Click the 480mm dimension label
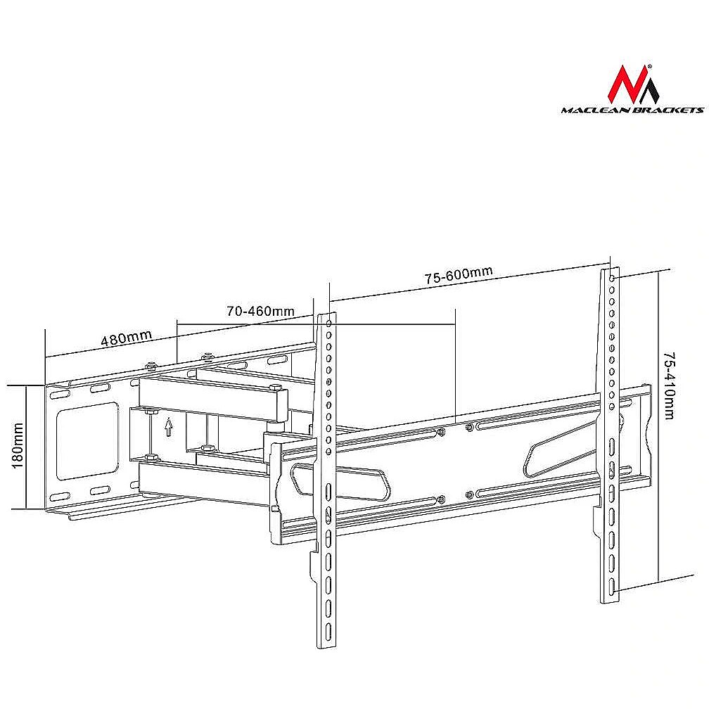(x=126, y=338)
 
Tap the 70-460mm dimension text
(x=260, y=311)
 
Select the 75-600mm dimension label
(x=459, y=276)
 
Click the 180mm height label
(x=18, y=445)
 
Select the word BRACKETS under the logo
(x=664, y=110)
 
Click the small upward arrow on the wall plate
(x=169, y=426)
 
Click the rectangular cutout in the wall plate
(x=87, y=441)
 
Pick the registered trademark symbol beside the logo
(x=649, y=66)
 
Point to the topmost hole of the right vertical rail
(x=612, y=279)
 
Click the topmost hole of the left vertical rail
(x=328, y=324)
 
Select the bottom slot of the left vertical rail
(x=328, y=630)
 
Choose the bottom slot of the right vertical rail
(x=612, y=585)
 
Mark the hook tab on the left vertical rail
(x=314, y=566)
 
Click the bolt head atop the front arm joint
(x=276, y=388)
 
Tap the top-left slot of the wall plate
(x=59, y=395)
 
